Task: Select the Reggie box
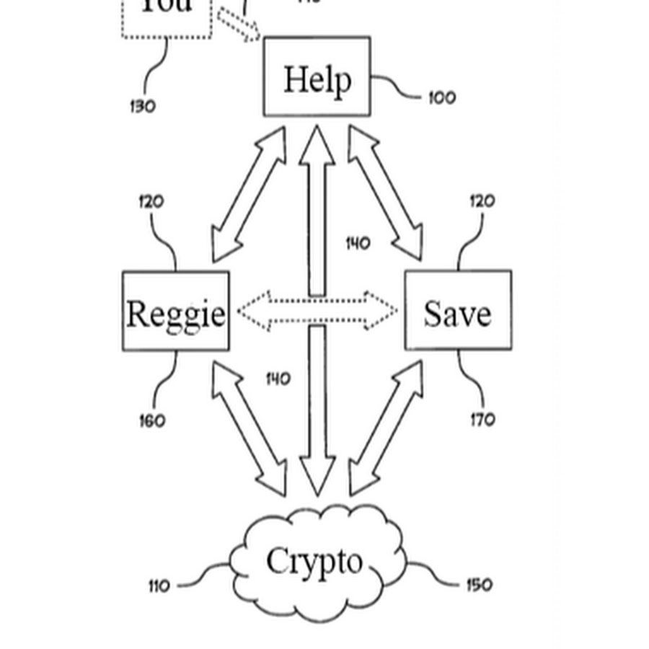coord(176,312)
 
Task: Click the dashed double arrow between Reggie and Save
coord(317,311)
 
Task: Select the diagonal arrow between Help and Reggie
coord(248,195)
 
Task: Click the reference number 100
coord(442,97)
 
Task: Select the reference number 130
coord(142,107)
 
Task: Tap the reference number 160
coord(152,420)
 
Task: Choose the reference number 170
coord(482,418)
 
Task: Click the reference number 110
coord(159,586)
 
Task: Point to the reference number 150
coord(478,584)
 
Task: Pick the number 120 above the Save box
coord(482,201)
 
